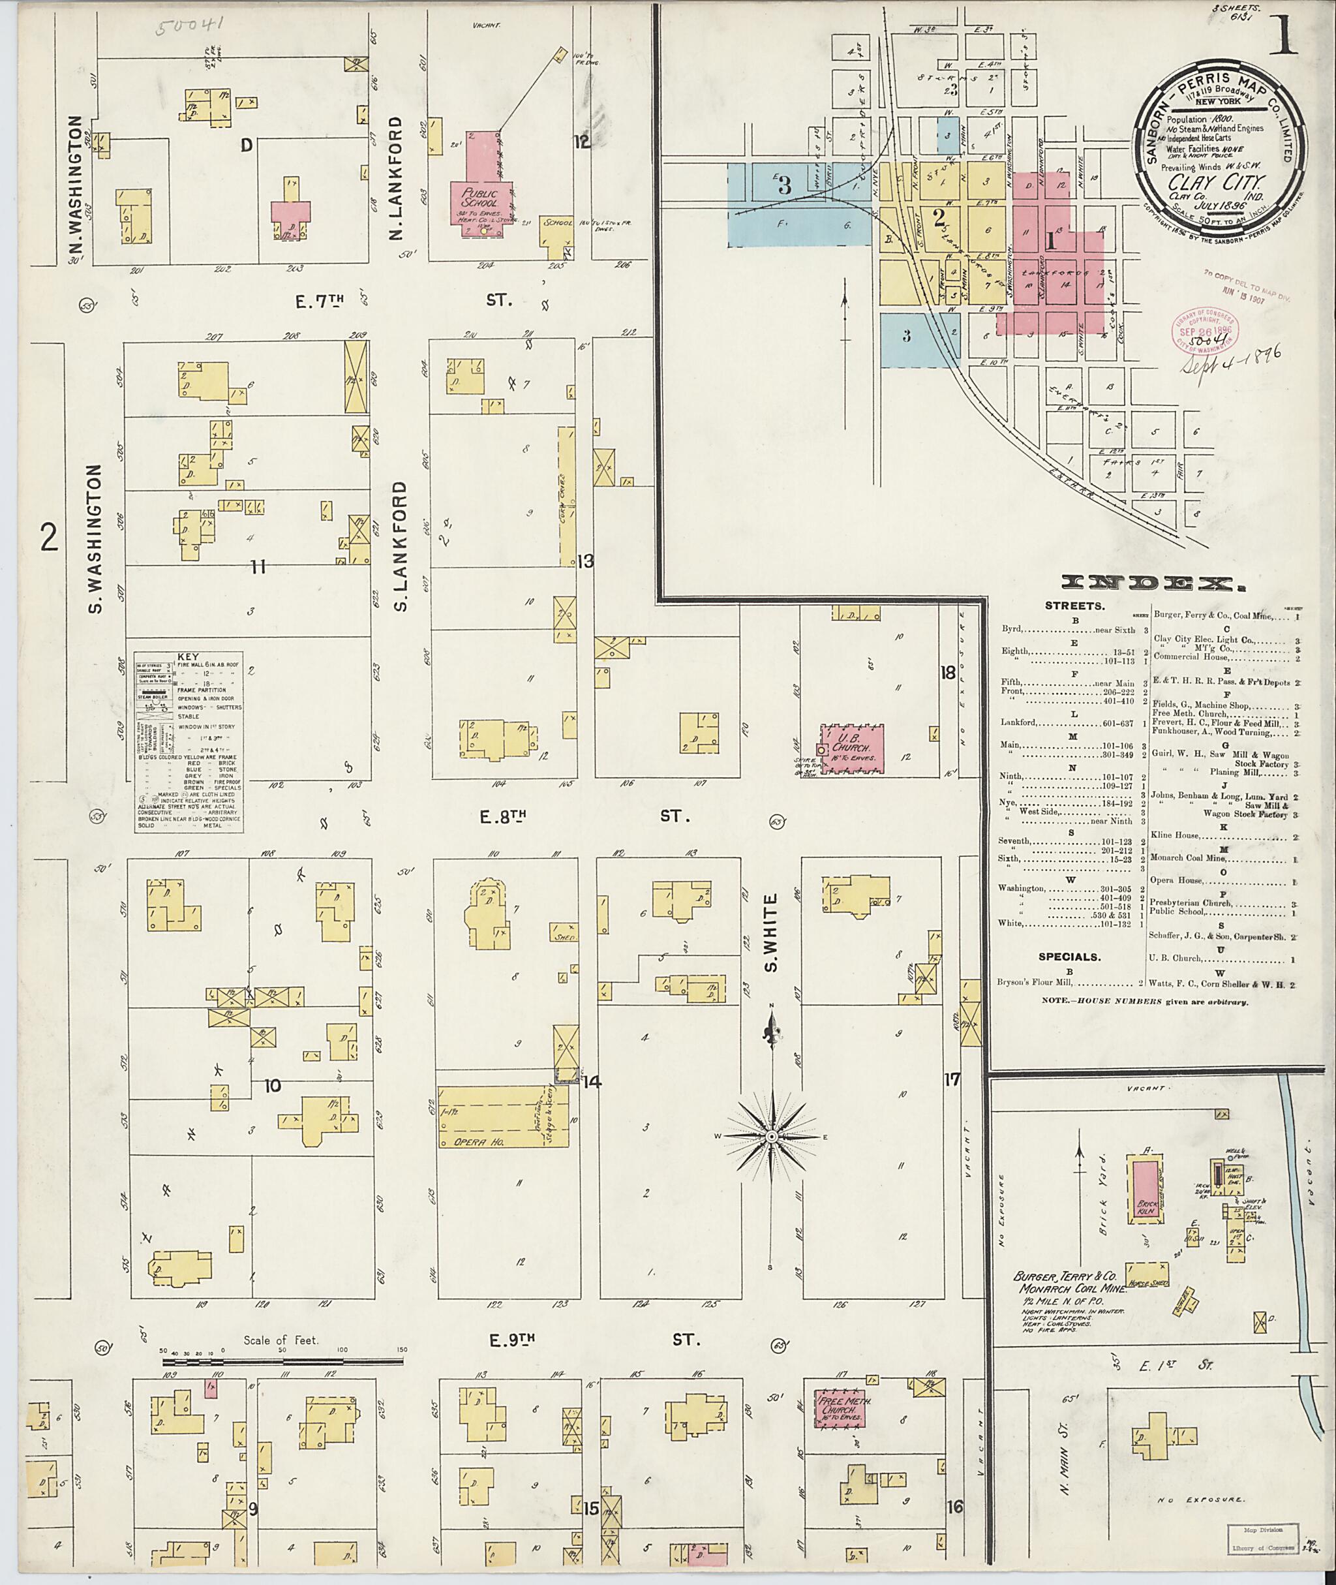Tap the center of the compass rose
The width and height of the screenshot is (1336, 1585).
[x=771, y=1137]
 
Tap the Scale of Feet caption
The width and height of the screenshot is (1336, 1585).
[x=281, y=1340]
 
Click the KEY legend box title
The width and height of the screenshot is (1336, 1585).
[x=188, y=656]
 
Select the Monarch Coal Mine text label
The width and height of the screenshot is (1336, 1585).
[x=1069, y=1289]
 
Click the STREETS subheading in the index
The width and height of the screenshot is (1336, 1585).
[x=1074, y=606]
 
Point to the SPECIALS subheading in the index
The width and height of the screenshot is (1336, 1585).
[x=1069, y=957]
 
